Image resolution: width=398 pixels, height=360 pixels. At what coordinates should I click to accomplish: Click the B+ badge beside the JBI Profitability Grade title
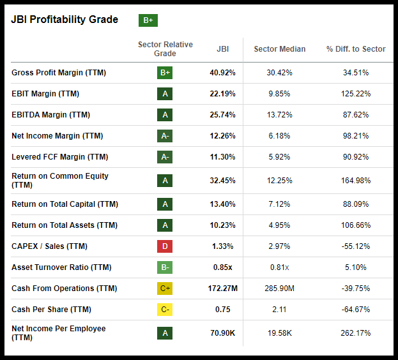148,20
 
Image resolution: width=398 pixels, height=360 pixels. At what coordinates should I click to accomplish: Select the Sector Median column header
279,49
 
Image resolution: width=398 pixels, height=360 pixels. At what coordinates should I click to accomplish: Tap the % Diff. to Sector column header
356,49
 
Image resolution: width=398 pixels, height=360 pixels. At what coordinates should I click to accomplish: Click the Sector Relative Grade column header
165,49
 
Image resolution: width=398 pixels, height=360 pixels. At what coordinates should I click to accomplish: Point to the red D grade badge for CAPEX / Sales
165,246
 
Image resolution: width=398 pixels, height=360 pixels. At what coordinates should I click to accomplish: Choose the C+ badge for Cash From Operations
165,289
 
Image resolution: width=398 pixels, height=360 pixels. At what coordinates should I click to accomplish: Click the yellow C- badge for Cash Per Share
165,310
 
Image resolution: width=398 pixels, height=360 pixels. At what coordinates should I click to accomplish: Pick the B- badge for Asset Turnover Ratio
165,267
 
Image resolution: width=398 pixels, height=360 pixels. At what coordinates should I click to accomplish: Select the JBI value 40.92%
222,73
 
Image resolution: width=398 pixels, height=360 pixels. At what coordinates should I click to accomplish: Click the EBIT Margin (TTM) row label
45,94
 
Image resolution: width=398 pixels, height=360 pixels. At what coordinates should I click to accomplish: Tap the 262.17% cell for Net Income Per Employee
356,333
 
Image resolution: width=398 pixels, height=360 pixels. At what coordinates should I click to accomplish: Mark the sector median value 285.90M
279,289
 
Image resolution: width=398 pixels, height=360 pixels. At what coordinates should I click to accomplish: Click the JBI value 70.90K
222,333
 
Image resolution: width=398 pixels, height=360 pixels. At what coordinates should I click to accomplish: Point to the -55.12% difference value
356,246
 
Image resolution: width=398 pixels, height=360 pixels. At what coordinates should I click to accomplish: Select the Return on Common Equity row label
60,180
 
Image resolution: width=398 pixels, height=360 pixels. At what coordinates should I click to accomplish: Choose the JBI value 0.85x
222,267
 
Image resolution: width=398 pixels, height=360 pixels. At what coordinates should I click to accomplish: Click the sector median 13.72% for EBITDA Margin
279,115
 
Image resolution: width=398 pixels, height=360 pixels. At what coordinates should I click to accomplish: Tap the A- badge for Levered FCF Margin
165,157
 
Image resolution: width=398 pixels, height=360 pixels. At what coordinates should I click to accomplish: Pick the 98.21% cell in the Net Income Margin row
356,136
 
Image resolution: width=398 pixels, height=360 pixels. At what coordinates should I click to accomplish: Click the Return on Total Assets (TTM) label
65,225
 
